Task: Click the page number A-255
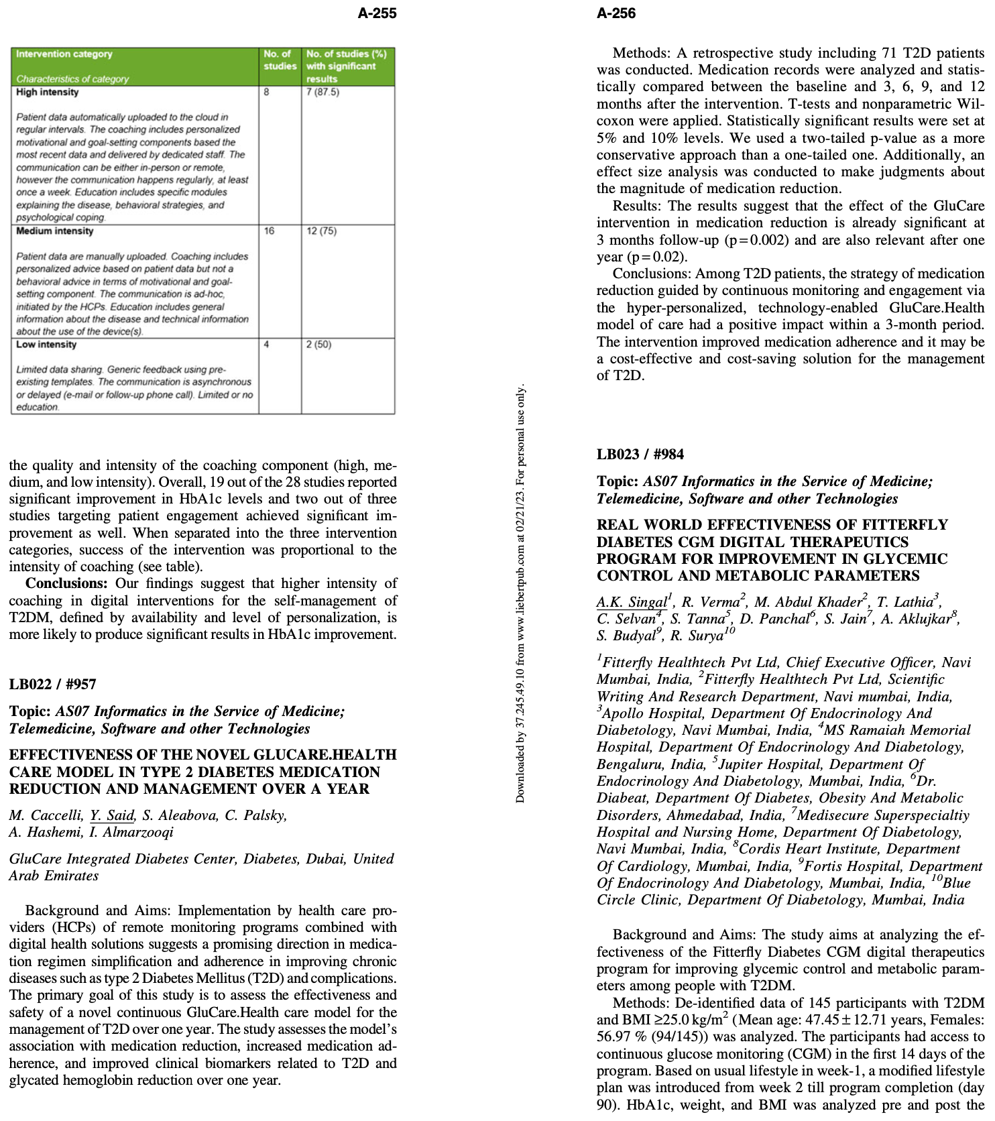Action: tap(377, 13)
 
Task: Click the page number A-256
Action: tap(616, 13)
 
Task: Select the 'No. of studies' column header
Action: tap(280, 60)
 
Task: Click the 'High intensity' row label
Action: tap(47, 92)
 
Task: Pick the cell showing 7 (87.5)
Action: tap(323, 92)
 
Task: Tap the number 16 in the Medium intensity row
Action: tap(269, 231)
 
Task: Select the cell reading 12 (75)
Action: tap(321, 231)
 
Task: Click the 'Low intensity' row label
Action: tap(46, 344)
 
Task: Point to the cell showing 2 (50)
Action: tap(318, 344)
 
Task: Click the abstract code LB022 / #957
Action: tap(52, 684)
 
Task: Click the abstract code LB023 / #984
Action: tap(640, 454)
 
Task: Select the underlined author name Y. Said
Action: tap(113, 815)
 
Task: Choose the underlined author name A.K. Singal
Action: tap(632, 602)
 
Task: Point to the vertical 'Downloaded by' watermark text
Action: tap(520, 593)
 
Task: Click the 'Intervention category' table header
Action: tap(64, 54)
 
